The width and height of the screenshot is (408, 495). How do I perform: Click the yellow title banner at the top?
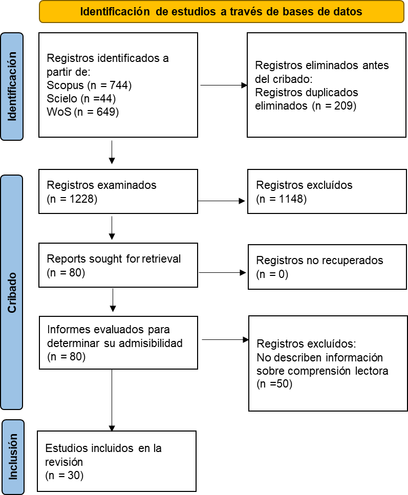pyautogui.click(x=221, y=12)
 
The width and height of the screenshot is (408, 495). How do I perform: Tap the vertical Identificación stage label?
pyautogui.click(x=12, y=87)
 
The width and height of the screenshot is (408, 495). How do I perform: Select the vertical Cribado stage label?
pyautogui.click(x=12, y=292)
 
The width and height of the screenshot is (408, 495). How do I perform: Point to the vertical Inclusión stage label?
pyautogui.click(x=13, y=457)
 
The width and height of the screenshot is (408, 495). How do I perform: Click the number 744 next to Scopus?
pyautogui.click(x=119, y=85)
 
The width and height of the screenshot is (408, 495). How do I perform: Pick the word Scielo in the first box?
pyautogui.click(x=62, y=98)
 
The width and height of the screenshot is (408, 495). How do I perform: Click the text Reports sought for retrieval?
pyautogui.click(x=114, y=259)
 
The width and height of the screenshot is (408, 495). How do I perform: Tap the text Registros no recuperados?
pyautogui.click(x=319, y=261)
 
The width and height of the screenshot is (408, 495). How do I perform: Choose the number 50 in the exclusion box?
pyautogui.click(x=283, y=383)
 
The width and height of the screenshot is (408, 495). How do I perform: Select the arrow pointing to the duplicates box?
pyautogui.click(x=224, y=85)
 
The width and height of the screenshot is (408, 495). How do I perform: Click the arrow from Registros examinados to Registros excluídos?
pyautogui.click(x=221, y=201)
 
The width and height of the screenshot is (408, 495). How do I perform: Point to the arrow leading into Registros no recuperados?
pyautogui.click(x=222, y=272)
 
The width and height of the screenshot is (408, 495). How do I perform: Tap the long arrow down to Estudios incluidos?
pyautogui.click(x=112, y=400)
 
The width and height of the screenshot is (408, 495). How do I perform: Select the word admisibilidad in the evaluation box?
pyautogui.click(x=151, y=343)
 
